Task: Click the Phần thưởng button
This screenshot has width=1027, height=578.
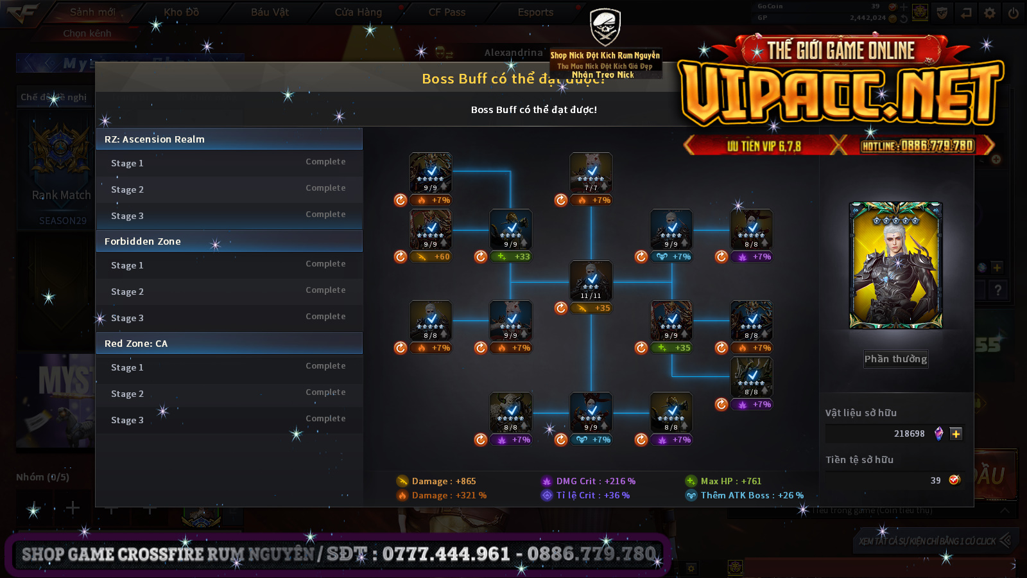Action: pyautogui.click(x=895, y=359)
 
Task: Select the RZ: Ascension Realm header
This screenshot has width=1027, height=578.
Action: pyautogui.click(x=229, y=139)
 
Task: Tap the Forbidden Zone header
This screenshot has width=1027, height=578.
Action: pyautogui.click(x=229, y=241)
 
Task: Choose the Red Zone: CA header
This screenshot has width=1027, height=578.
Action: pyautogui.click(x=229, y=344)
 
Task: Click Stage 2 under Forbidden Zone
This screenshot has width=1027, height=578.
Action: pyautogui.click(x=229, y=292)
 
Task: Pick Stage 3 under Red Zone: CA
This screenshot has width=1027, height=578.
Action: pyautogui.click(x=229, y=420)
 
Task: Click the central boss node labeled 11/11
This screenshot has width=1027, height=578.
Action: pyautogui.click(x=591, y=280)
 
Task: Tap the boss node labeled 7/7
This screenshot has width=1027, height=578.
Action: pyautogui.click(x=591, y=172)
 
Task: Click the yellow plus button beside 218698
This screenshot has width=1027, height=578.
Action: pyautogui.click(x=956, y=434)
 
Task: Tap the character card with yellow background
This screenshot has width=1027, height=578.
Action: pyautogui.click(x=895, y=265)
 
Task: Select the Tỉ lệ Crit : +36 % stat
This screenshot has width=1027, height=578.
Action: pyautogui.click(x=592, y=495)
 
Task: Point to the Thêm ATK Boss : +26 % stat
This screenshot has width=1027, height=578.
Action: pyautogui.click(x=751, y=495)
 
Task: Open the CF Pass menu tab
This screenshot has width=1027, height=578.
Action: pyautogui.click(x=447, y=12)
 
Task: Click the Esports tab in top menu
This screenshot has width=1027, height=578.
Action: pyautogui.click(x=535, y=12)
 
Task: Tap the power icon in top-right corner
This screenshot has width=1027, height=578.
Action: pyautogui.click(x=1014, y=13)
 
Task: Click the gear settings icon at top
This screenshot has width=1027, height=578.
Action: pyautogui.click(x=990, y=13)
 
